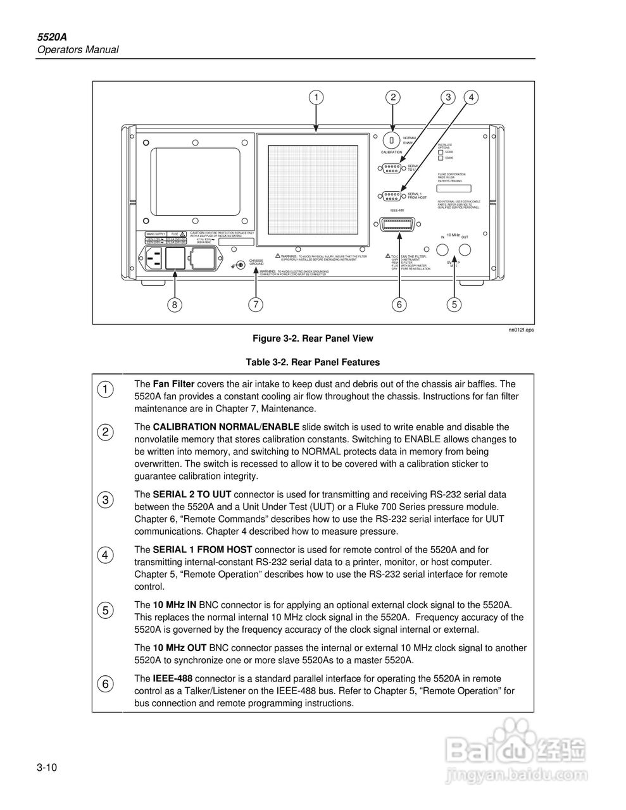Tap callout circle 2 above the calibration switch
pyautogui.click(x=393, y=97)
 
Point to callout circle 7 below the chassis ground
pyautogui.click(x=255, y=304)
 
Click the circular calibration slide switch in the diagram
pyautogui.click(x=392, y=140)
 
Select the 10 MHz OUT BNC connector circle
pyautogui.click(x=465, y=251)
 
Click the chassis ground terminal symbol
pyautogui.click(x=239, y=265)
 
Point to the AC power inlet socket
pyautogui.click(x=154, y=258)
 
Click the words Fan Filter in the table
pyautogui.click(x=174, y=384)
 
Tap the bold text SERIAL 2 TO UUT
pyautogui.click(x=192, y=494)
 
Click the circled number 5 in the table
pyautogui.click(x=106, y=611)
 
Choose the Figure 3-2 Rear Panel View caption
pyautogui.click(x=313, y=339)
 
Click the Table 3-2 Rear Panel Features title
pyautogui.click(x=313, y=363)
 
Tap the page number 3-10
pyautogui.click(x=47, y=768)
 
